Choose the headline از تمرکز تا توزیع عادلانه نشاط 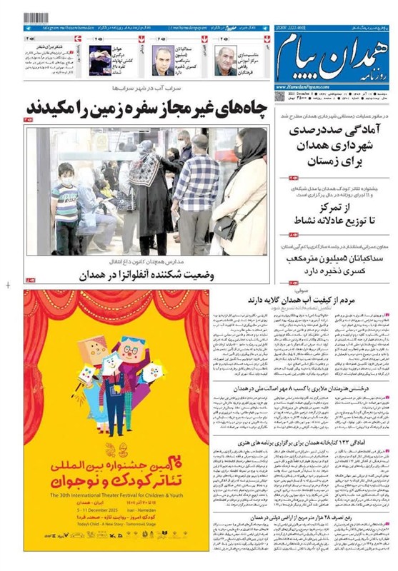tap(338, 211)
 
